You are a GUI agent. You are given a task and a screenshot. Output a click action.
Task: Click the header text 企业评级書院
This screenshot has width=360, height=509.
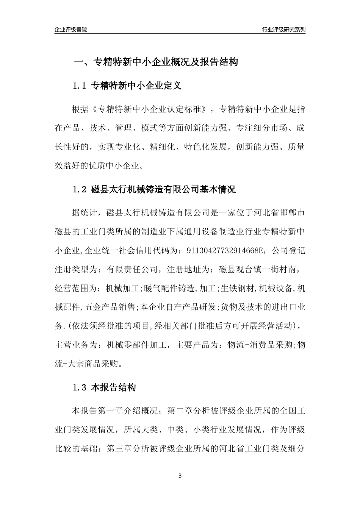[x=71, y=30]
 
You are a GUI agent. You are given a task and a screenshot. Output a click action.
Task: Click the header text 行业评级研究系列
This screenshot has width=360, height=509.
[x=283, y=30]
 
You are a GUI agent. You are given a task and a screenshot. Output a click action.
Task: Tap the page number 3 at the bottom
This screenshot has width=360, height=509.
[x=180, y=476]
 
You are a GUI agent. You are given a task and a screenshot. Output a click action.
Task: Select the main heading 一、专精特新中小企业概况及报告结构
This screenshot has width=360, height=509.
[x=155, y=62]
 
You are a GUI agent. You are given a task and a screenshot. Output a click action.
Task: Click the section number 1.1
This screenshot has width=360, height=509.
[x=80, y=86]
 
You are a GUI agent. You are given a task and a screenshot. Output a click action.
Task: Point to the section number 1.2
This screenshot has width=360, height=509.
[x=80, y=189]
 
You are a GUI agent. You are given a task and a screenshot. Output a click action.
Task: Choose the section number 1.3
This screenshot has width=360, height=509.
[x=80, y=388]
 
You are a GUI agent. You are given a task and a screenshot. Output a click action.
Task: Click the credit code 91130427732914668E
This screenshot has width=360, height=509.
[x=222, y=250]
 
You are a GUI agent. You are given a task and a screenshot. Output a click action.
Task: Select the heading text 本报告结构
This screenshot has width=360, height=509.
[x=114, y=388]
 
